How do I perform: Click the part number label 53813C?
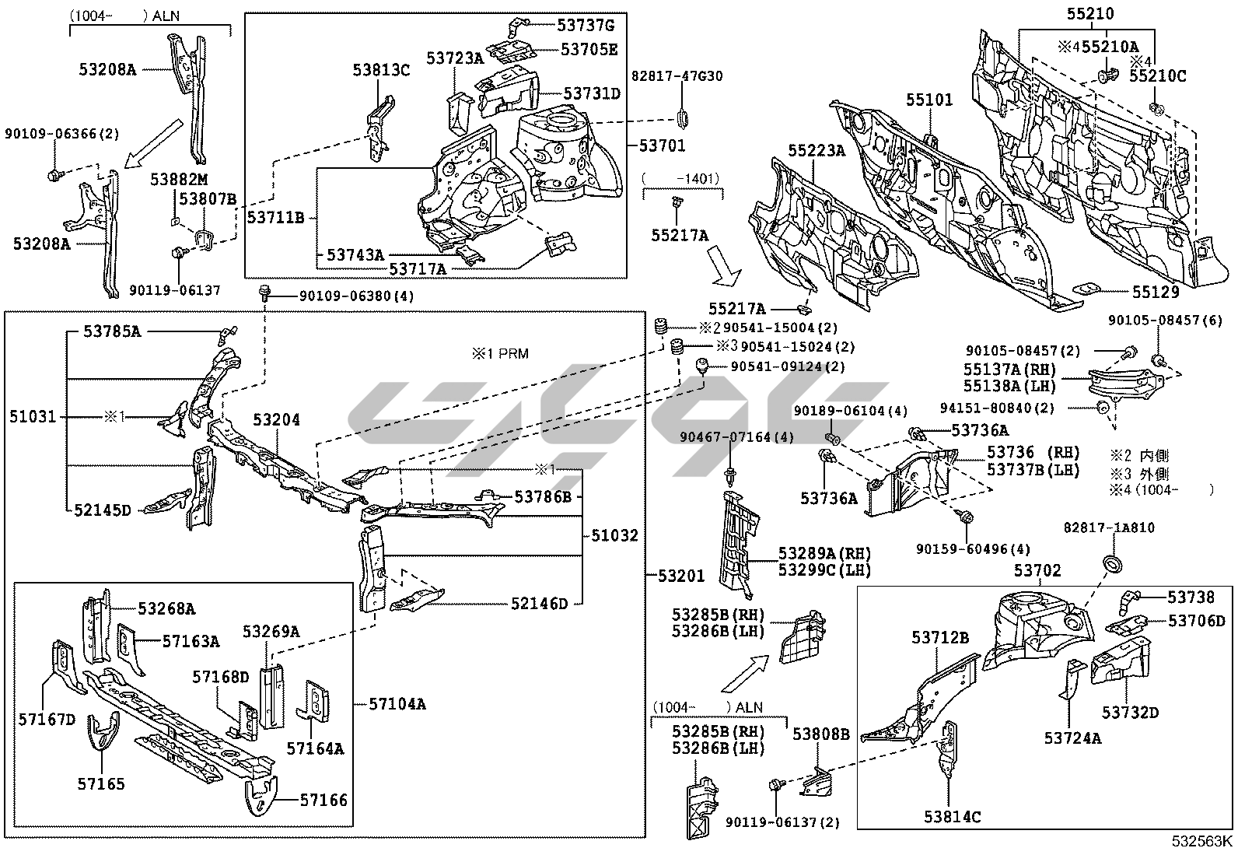coord(380,69)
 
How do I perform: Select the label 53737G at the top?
coord(586,25)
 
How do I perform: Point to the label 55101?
coord(928,100)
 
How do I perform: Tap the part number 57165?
coord(100,783)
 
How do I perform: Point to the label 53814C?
coord(952,816)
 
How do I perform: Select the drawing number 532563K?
coord(1203,840)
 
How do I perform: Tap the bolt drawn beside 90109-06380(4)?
coord(264,294)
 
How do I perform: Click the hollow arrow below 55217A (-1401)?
coord(729,272)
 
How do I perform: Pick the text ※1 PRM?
coord(499,354)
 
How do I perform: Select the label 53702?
coord(1037,570)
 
